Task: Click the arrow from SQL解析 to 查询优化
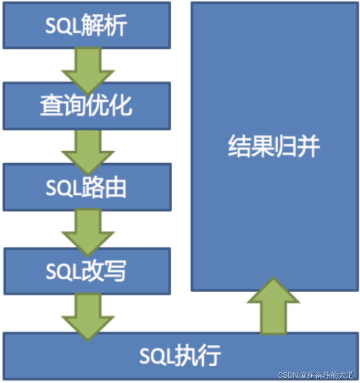pos(88,67)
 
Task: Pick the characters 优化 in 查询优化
pos(109,106)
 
